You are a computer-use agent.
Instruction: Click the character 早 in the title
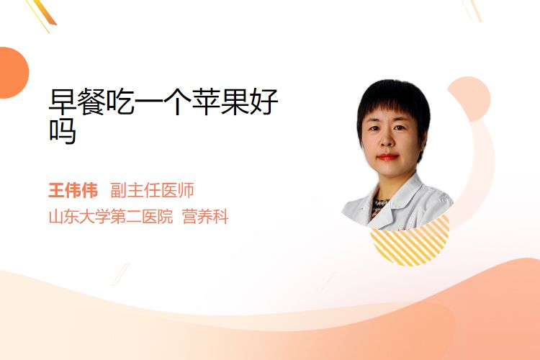point(63,102)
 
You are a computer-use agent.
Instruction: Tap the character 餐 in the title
point(91,102)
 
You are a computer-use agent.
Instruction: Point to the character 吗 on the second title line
point(63,131)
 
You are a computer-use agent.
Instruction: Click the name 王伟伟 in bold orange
point(73,191)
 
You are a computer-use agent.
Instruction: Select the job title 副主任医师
point(152,191)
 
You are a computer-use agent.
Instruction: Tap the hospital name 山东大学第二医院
point(111,217)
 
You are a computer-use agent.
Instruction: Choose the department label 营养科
point(205,217)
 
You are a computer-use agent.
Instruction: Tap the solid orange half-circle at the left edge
point(13,73)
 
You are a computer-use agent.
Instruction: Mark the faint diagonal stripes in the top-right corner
point(472,10)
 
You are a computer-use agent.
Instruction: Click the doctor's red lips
point(387,157)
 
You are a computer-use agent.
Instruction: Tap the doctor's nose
point(387,140)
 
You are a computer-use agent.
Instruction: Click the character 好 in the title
point(264,102)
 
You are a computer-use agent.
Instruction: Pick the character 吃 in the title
point(120,102)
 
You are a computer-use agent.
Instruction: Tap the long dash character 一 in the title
point(148,102)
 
